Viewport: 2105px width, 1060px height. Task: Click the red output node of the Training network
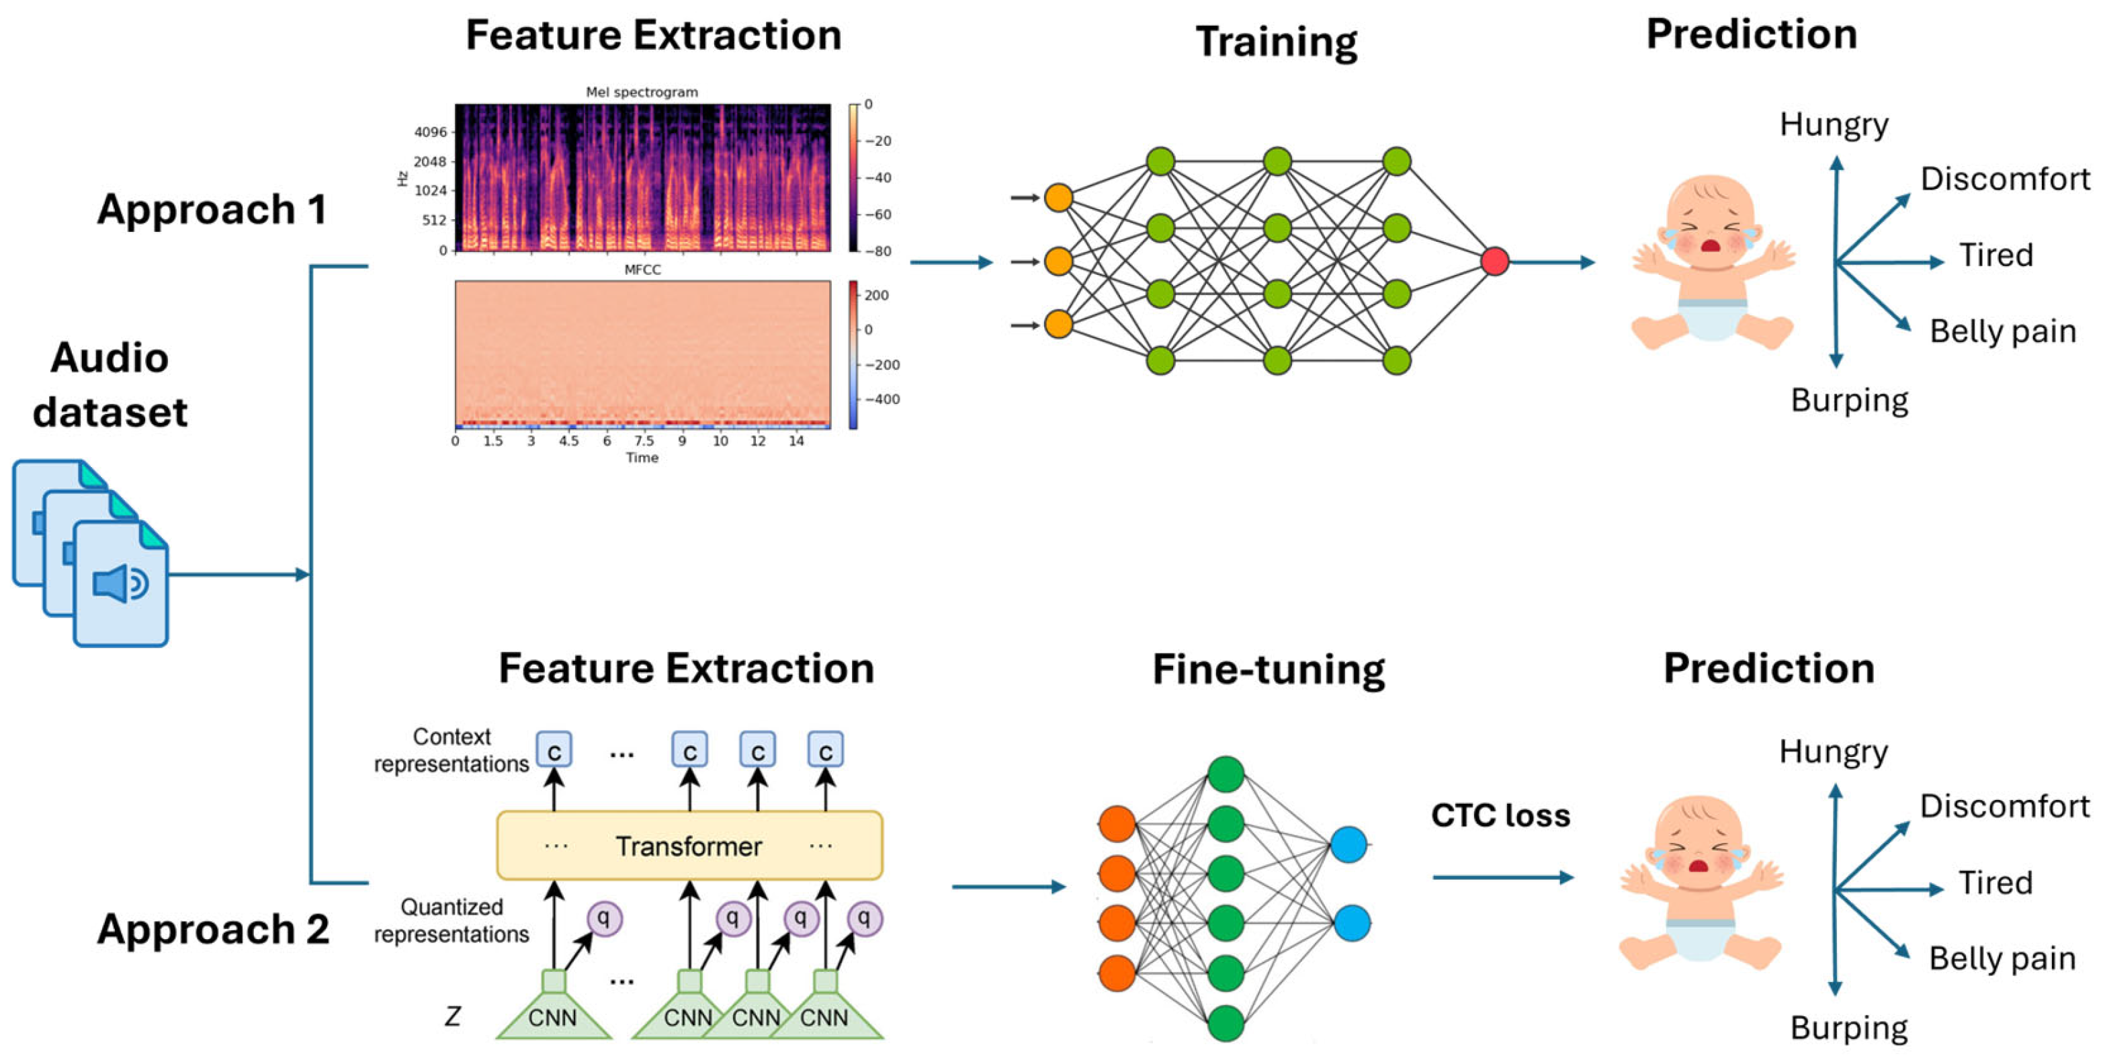pos(1494,261)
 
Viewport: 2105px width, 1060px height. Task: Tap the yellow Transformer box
pos(689,846)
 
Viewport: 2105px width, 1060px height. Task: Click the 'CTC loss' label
pos(1500,815)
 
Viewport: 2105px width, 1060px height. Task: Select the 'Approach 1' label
pos(212,209)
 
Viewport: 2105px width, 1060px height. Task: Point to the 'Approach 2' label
pos(212,929)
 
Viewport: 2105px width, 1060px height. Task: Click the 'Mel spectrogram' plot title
pos(642,92)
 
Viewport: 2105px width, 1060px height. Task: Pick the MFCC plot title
pos(642,270)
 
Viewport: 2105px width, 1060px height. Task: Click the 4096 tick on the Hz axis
pos(431,132)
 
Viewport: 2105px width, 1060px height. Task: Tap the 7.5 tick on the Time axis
pos(644,440)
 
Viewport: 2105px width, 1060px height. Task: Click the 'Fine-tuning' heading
pos(1269,669)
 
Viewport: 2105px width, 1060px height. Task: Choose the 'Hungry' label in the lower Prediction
pos(1833,751)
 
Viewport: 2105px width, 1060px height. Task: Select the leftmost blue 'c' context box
pos(554,750)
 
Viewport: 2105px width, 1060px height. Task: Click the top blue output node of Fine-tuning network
pos(1348,844)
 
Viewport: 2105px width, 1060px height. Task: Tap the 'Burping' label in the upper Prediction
pos(1849,401)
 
